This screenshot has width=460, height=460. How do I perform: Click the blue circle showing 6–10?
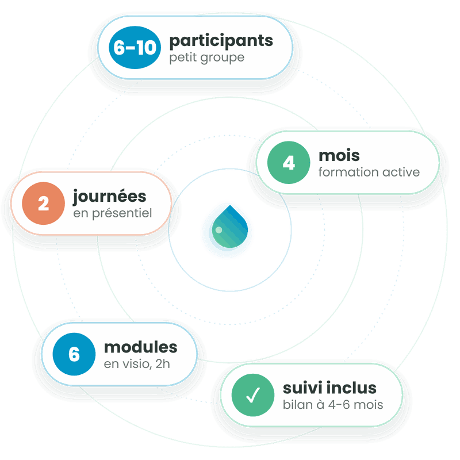tap(135, 48)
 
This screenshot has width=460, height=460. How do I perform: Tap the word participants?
tap(221, 41)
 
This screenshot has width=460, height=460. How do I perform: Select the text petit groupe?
tap(207, 58)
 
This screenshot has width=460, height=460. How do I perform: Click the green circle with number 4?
tap(289, 163)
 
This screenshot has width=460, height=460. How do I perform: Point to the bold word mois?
tap(339, 155)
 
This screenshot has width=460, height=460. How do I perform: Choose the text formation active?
tap(369, 172)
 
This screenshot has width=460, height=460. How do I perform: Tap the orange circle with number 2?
tap(44, 204)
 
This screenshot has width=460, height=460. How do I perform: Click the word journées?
tap(110, 197)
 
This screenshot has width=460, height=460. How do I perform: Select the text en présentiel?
tap(113, 213)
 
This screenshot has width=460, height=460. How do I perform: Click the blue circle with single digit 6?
tap(74, 354)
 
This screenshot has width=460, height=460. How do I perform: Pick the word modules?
tap(141, 347)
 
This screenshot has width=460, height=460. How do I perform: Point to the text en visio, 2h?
tap(137, 364)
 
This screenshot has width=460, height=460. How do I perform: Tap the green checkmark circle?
tap(253, 395)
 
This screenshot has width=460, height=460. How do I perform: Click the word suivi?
tap(303, 388)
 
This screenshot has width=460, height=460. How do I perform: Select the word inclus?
tap(351, 388)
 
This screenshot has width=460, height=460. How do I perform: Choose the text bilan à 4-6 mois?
tap(333, 405)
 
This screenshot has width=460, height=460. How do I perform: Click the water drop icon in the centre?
tap(230, 227)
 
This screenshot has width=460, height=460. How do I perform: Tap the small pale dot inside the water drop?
tap(218, 230)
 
